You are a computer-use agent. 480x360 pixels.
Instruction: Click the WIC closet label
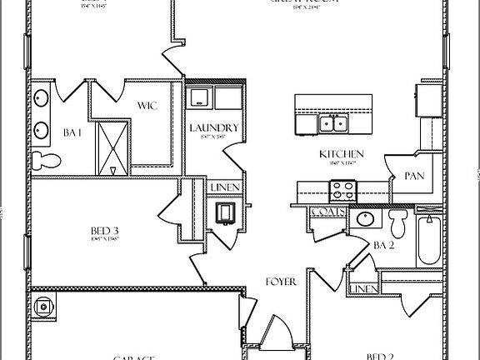pos(148,106)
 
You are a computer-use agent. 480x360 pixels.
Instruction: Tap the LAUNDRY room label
pos(213,128)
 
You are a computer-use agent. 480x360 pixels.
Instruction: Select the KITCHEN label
pos(342,154)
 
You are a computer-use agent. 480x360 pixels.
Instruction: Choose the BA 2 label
pos(383,245)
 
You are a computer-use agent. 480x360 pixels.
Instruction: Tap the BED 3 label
pos(105,231)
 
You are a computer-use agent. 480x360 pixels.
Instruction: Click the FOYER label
pos(281,282)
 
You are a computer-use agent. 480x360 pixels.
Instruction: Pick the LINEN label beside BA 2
pos(362,288)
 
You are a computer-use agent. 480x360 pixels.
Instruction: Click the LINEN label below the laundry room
pos(225,187)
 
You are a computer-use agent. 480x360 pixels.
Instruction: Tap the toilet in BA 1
pos(46,159)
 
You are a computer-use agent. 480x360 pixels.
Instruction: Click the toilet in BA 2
pos(397,222)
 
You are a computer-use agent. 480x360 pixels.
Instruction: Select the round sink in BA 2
pos(365,220)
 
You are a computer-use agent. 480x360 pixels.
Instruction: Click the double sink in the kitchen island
pos(334,124)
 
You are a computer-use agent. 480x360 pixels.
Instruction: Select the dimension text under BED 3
pos(105,239)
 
